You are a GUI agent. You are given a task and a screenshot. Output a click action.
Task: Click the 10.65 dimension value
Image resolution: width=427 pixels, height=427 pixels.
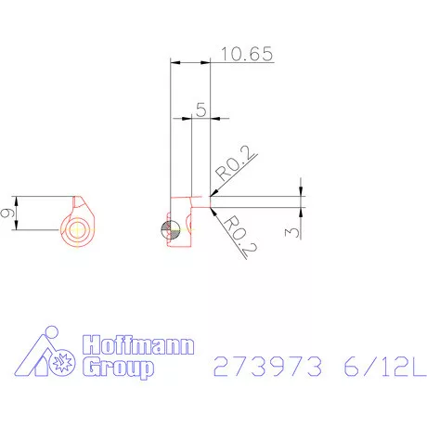[x=247, y=54]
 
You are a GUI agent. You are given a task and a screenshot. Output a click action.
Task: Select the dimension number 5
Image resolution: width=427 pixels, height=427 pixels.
[x=201, y=110]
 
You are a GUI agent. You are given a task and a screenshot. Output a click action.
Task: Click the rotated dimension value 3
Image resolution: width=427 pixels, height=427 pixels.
[x=292, y=232]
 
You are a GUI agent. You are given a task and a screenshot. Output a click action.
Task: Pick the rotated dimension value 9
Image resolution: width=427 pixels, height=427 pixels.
[x=7, y=213]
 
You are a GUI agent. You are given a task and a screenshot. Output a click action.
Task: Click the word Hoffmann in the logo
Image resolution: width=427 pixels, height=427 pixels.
[x=138, y=344]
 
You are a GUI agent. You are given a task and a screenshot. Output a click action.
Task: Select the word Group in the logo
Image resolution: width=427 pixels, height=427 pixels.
[x=118, y=368]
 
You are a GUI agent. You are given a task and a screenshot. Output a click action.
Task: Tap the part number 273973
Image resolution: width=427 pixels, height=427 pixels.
[x=267, y=366]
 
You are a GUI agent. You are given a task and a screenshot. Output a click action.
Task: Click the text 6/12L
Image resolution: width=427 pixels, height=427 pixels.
[x=384, y=366]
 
